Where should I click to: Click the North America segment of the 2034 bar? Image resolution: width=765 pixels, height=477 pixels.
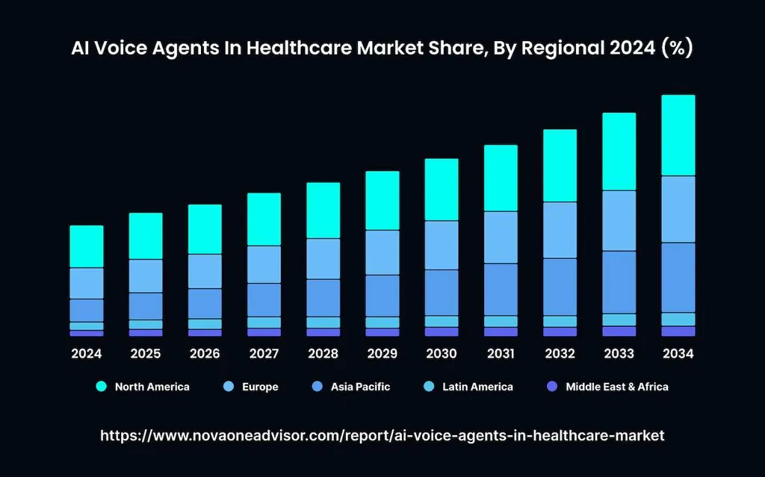pos(678,135)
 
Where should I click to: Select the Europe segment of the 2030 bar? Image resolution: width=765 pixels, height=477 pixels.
pos(442,245)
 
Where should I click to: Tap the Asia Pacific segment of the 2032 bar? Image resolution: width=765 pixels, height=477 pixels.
pos(560,287)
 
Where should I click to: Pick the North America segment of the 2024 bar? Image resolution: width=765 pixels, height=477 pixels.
pos(87,246)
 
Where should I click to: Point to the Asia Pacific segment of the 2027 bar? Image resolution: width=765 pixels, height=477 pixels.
pos(264,299)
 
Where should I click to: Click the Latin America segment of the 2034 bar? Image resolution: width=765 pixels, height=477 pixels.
pos(678,319)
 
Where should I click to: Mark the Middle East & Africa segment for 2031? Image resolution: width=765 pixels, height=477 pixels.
pos(501,331)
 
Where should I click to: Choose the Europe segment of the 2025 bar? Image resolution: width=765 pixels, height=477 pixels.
pos(146,275)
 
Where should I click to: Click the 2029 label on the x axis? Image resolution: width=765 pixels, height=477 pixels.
pos(382,353)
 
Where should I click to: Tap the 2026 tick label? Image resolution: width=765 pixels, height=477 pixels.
pos(205,353)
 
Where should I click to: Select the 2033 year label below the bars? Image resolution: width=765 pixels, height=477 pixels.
pos(619,353)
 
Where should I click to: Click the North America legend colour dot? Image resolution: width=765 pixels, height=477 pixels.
pos(101,387)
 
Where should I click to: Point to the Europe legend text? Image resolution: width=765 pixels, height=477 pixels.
pos(259,387)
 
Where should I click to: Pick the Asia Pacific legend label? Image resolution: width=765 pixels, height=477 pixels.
pos(360,387)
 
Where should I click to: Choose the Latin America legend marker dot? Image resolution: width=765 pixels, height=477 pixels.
pos(428,387)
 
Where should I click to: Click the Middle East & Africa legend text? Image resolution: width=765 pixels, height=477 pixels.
pos(616,387)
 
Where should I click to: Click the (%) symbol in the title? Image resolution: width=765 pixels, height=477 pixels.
pos(676,49)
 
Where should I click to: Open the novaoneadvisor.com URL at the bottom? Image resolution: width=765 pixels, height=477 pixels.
pos(382,434)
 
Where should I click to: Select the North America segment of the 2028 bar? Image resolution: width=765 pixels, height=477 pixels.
pos(323,211)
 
